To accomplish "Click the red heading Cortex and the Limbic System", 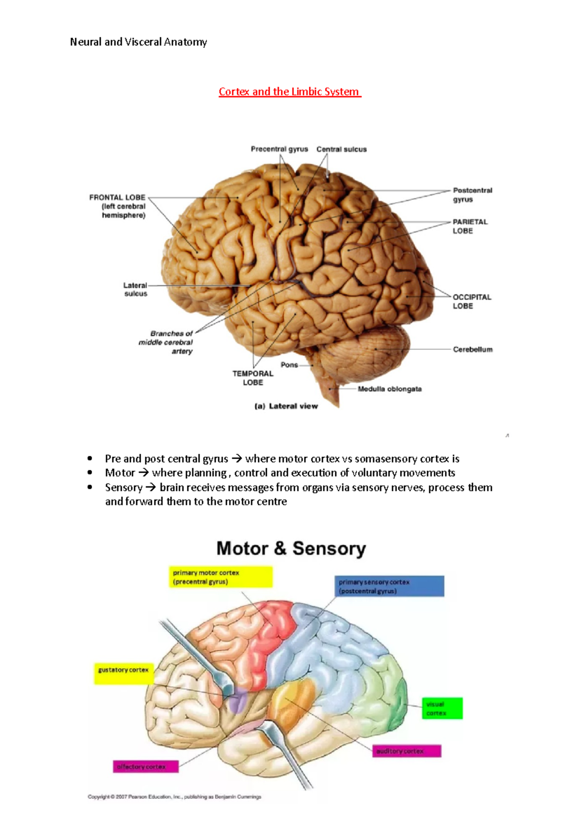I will pos(289,92).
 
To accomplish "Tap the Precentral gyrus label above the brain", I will pos(279,150).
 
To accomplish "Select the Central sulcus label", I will pos(341,150).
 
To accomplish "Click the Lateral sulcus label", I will pos(136,289).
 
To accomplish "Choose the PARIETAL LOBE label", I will pos(469,226).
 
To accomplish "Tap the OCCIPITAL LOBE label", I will pos(471,301).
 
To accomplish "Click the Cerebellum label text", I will pos(472,349).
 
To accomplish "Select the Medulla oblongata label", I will pos(389,389).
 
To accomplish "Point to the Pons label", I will pos(289,365).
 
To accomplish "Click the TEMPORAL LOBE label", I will pos(253,378).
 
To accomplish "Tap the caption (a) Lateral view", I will pos(286,406).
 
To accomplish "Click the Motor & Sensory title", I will pos(291,548).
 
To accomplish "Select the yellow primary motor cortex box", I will pos(221,577).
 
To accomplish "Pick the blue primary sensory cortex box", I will pos(389,586).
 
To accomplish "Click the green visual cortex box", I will pos(441,709).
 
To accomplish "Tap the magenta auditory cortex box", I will pos(406,751).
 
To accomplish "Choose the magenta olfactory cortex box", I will pos(146,766).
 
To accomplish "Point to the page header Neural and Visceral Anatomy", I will pos(138,42).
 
